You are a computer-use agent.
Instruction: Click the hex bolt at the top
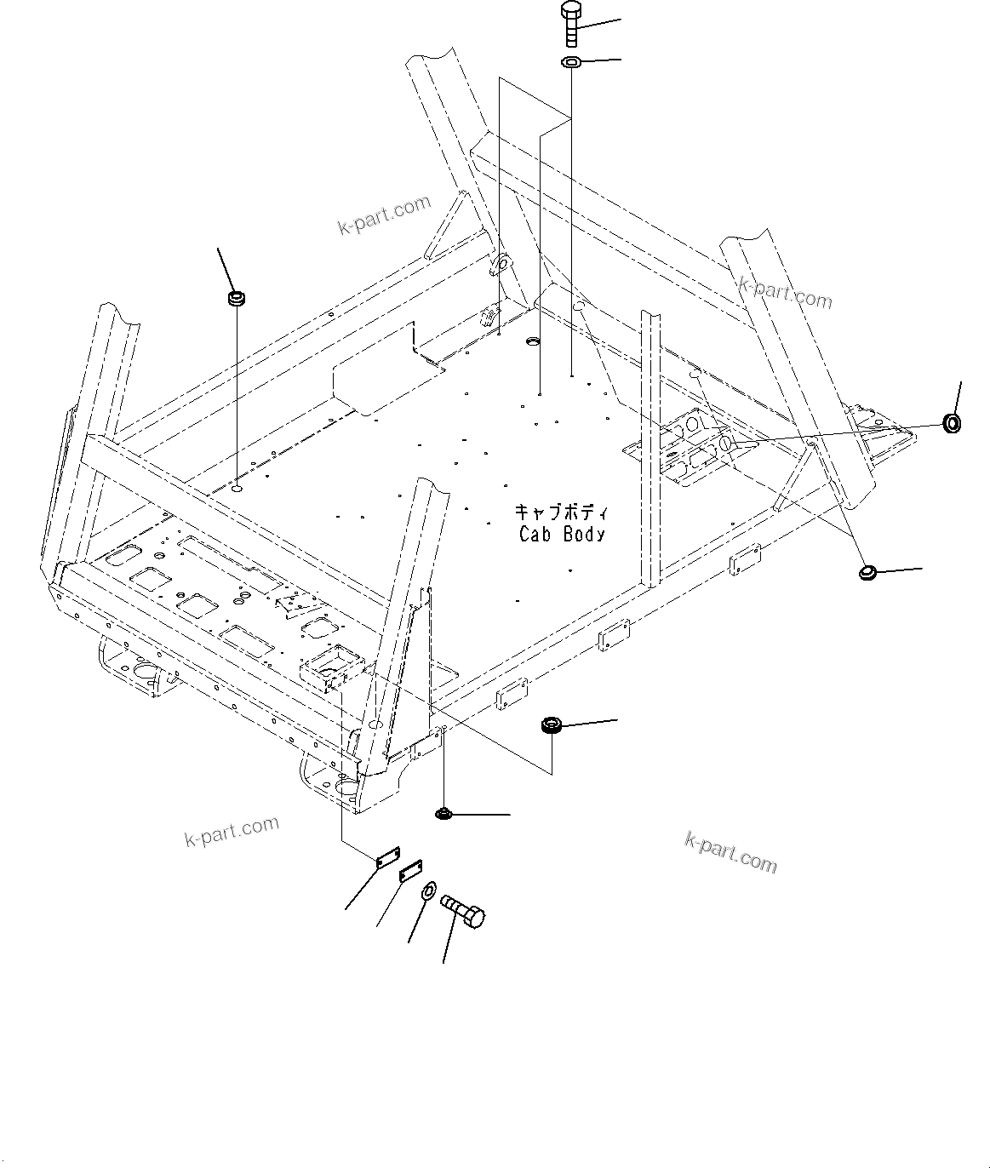click(x=570, y=25)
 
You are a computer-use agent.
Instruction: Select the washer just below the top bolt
click(x=570, y=62)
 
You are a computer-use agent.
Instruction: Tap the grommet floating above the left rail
click(x=235, y=299)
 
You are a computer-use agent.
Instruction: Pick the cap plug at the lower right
click(x=868, y=573)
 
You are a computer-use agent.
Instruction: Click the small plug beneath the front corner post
click(x=443, y=815)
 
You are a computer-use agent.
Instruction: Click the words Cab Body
click(x=562, y=534)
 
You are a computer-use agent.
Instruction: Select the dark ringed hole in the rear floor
click(x=534, y=341)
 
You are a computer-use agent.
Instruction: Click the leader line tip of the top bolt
click(x=621, y=19)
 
